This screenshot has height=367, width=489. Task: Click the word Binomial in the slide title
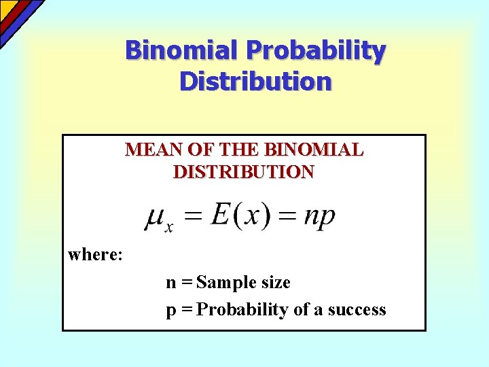point(183,50)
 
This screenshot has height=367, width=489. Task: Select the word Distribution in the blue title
point(255,82)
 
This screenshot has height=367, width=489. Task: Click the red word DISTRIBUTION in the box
point(244,172)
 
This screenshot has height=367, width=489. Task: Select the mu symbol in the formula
point(157,217)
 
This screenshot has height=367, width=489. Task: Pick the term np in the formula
point(319,217)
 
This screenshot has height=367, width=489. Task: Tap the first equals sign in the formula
point(194,217)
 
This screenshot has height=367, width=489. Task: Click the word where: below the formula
point(95,255)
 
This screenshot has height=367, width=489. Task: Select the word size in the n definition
point(276,283)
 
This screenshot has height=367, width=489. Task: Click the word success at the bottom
point(357,310)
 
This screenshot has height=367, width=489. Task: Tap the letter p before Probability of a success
point(171,311)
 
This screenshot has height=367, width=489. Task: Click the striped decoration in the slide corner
point(17,17)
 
